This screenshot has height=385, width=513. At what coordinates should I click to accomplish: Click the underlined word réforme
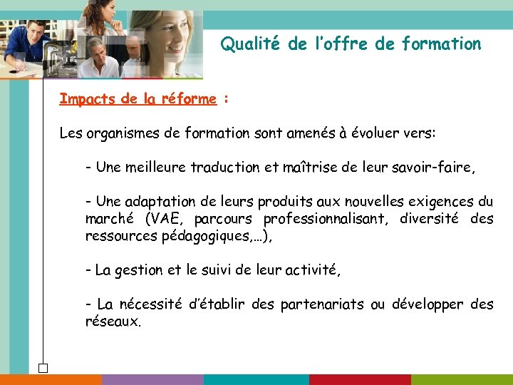(189, 99)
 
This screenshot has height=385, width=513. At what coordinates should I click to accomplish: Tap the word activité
(311, 270)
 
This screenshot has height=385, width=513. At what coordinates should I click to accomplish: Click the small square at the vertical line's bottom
(43, 369)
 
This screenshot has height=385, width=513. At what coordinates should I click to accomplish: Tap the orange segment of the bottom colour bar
(51, 379)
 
